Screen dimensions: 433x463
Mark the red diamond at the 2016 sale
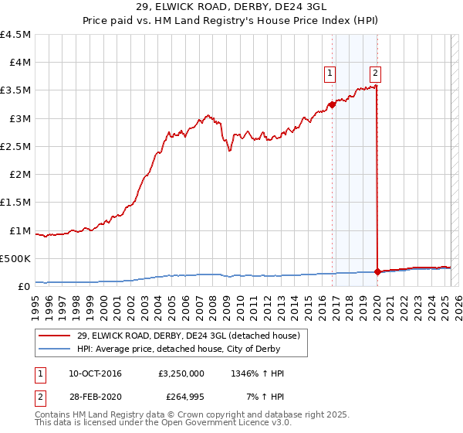tap(333, 104)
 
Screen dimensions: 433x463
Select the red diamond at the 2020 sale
tap(377, 271)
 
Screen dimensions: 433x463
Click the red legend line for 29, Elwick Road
tap(55, 335)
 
